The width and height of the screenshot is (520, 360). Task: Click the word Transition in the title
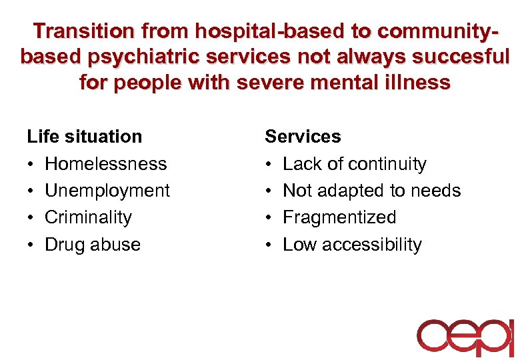(x=82, y=31)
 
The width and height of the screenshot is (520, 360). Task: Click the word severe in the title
(x=267, y=83)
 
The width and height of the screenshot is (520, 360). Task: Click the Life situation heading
(x=84, y=137)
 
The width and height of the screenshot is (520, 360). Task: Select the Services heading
(x=303, y=137)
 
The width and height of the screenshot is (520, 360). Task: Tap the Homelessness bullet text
(x=105, y=164)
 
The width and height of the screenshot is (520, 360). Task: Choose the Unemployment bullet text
(x=107, y=191)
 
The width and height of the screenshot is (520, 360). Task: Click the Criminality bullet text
(x=88, y=217)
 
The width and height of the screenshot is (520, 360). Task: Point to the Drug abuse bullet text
(x=92, y=245)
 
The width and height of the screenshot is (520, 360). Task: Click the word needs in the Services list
(x=438, y=191)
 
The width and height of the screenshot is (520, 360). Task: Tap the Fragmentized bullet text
(x=339, y=217)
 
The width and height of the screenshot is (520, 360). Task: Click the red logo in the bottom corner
(x=465, y=337)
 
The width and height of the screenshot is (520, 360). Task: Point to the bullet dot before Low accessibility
(x=269, y=245)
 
